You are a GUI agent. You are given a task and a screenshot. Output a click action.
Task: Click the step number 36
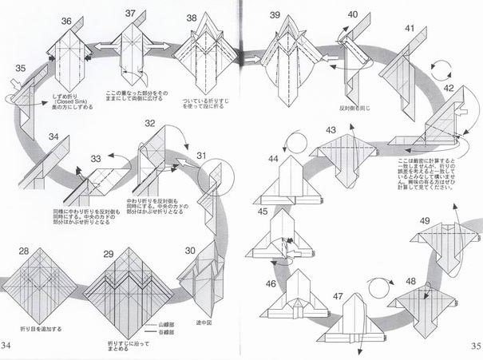66,21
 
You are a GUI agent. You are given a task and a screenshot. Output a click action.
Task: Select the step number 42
449,88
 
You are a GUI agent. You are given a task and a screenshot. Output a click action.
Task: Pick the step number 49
425,221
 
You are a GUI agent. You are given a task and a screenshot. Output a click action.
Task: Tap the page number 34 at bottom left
7,345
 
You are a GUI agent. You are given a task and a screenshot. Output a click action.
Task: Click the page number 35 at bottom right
475,345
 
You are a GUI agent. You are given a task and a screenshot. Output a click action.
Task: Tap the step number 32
149,124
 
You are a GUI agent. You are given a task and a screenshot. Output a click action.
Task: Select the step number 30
190,251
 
